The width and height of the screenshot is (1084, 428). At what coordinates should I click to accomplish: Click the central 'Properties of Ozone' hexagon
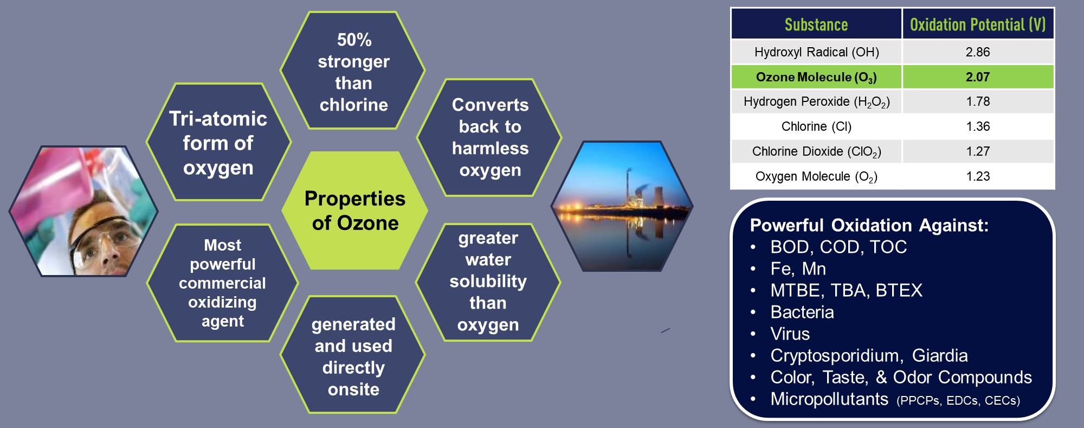(x=355, y=210)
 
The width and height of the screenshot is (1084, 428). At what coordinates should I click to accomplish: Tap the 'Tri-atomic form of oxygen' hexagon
(x=218, y=143)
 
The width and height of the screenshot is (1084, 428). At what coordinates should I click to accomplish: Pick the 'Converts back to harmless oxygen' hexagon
(x=489, y=137)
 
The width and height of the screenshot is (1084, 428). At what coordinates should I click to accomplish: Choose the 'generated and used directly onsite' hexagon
(x=353, y=356)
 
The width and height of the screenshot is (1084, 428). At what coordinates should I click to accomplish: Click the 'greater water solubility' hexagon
(x=488, y=281)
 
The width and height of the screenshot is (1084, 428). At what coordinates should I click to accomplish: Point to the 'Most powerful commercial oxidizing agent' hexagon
(x=222, y=283)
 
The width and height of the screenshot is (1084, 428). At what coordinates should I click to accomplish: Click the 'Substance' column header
(x=816, y=24)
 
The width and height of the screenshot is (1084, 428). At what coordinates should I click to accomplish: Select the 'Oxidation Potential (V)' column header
(x=977, y=24)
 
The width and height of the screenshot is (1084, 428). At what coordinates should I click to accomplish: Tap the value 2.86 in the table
(x=977, y=52)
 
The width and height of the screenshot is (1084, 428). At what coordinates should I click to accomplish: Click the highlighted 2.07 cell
(x=977, y=77)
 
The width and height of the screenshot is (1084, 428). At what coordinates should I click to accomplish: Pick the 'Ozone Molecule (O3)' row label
(x=816, y=77)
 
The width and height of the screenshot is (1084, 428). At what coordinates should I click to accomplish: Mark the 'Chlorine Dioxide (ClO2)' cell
(x=816, y=151)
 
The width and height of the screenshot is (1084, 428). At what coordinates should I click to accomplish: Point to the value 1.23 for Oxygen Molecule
(x=977, y=176)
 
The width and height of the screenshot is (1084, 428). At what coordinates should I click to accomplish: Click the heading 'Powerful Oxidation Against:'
(x=869, y=225)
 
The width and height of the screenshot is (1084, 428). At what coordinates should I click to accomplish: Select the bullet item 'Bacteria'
(x=802, y=312)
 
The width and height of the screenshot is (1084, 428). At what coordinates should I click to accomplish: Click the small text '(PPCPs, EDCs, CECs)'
(x=958, y=401)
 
